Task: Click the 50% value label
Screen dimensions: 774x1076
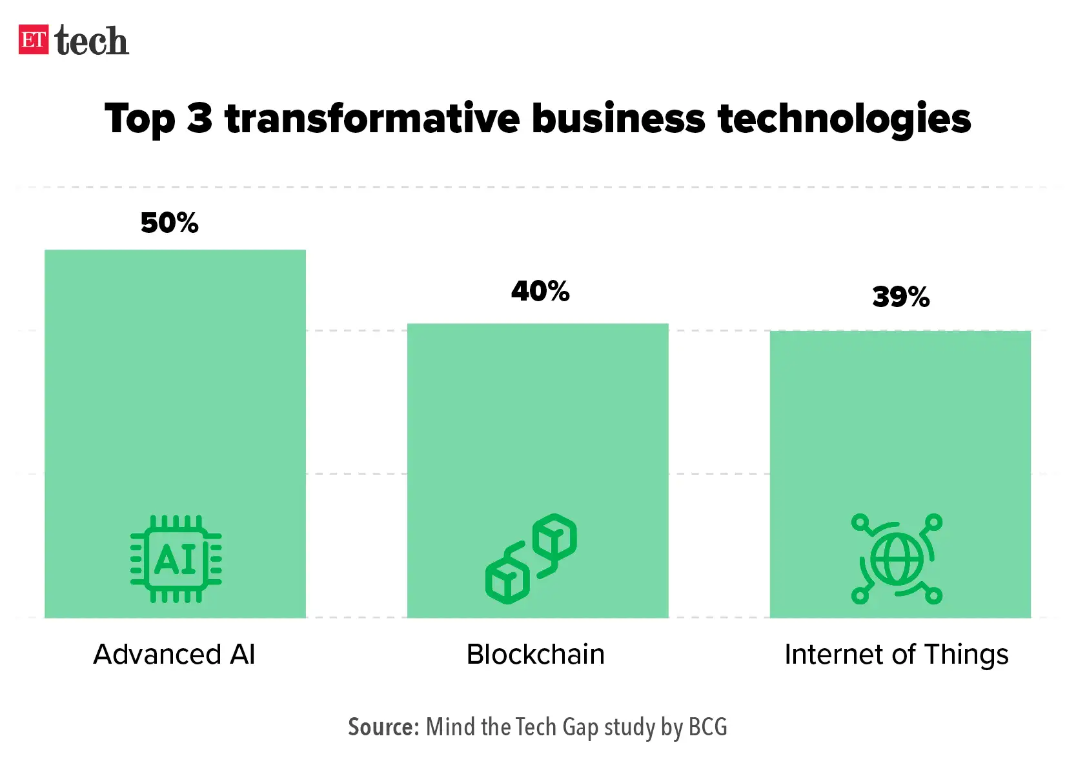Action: point(169,223)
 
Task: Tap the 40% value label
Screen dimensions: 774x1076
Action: point(540,292)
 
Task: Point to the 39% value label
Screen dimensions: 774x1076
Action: point(900,297)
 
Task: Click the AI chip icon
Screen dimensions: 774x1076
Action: point(176,559)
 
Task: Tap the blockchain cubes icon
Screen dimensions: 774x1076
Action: point(531,559)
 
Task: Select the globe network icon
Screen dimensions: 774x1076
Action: point(897,559)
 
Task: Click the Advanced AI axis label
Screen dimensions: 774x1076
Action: point(174,655)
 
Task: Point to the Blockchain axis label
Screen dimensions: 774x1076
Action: point(536,655)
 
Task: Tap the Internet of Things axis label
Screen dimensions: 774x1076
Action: point(896,655)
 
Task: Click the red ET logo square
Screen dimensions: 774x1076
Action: point(34,40)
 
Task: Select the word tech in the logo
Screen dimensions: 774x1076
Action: point(92,41)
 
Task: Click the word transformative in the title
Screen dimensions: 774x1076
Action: point(372,119)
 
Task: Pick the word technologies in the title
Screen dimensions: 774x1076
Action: point(844,119)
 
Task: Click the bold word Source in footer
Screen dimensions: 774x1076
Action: point(383,727)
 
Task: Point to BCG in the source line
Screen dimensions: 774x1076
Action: point(707,727)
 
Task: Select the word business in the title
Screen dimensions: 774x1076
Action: point(618,119)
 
